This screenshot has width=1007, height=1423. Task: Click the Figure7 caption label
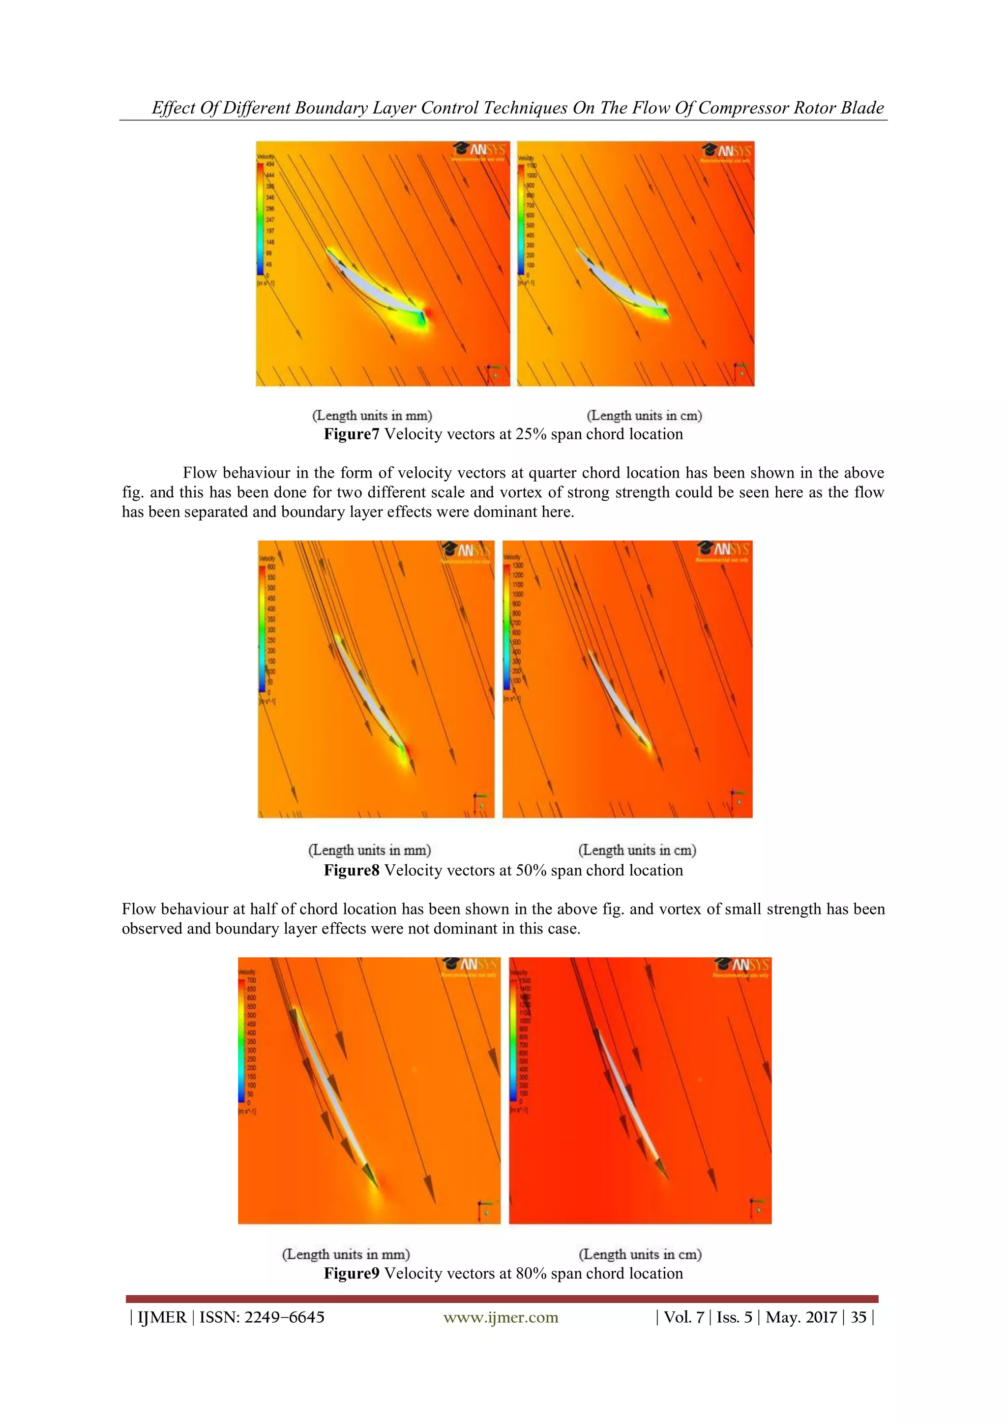point(351,434)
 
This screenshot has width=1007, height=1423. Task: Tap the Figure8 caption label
point(351,870)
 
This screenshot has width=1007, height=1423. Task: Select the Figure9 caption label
point(351,1273)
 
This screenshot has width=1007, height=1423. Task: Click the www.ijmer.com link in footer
point(501,1317)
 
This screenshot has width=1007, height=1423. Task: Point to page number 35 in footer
point(858,1317)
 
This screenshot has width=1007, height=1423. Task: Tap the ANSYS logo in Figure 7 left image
point(480,151)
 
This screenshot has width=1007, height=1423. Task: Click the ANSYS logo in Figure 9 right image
point(741,966)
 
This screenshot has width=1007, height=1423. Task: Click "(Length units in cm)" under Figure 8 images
point(637,850)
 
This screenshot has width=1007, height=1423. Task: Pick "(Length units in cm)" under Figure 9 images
point(640,1254)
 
